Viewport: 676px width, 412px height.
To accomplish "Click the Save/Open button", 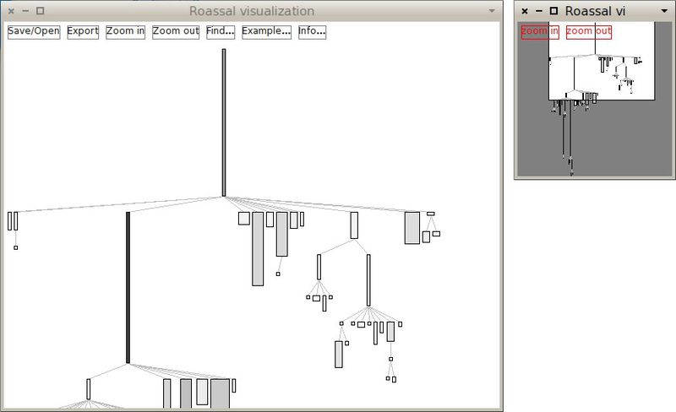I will (34, 31).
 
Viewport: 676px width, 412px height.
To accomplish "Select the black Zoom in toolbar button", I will (125, 31).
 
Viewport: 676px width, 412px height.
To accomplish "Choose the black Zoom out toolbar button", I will (176, 31).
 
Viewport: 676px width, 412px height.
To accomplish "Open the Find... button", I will (221, 31).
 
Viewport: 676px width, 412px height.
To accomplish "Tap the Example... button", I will (266, 31).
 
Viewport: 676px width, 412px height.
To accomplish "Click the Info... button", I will (312, 31).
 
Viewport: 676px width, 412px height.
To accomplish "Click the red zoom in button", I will (540, 31).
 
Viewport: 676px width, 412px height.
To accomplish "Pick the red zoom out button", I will (589, 31).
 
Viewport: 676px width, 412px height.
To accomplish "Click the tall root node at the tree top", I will (224, 122).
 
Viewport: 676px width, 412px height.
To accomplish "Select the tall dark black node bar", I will (128, 287).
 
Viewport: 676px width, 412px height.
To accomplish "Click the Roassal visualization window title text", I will (252, 11).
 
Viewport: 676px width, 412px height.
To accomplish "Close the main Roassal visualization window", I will (10, 11).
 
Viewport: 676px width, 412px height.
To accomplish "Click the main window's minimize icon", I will (25, 11).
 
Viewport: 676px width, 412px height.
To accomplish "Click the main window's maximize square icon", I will (40, 11).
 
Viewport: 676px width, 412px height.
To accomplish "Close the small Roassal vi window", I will (525, 11).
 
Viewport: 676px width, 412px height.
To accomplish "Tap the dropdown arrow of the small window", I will (664, 11).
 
